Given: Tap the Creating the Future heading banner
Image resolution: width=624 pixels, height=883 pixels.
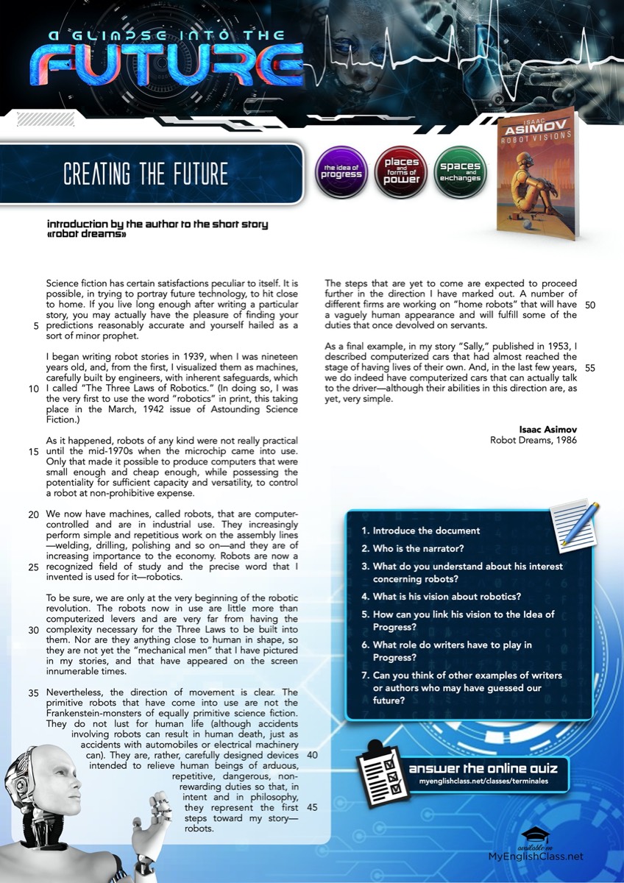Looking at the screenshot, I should tap(147, 174).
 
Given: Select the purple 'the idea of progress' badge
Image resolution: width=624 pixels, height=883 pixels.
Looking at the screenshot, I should tap(341, 173).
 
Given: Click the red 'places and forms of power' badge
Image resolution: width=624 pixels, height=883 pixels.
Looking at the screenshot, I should tap(402, 171).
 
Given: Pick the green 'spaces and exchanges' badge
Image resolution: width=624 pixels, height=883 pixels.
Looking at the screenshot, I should tap(460, 172).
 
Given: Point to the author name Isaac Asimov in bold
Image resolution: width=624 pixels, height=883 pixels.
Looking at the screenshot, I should tap(548, 430).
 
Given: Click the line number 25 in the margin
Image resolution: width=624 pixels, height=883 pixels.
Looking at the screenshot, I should tap(33, 567).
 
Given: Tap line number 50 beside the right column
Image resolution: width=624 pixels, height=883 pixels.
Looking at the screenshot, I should tap(590, 305).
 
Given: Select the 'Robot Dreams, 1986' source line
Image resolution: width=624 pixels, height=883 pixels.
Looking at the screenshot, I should tap(533, 440).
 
